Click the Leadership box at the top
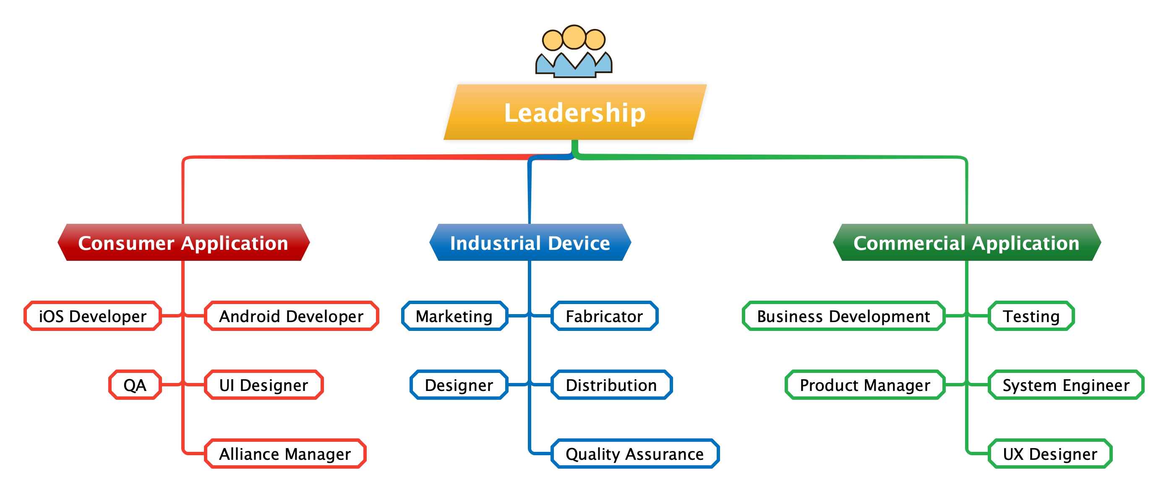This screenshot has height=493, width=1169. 574,112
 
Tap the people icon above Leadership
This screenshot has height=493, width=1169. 574,51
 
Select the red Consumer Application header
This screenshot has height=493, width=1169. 183,242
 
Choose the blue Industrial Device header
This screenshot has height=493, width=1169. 530,242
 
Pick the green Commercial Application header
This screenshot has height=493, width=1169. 967,242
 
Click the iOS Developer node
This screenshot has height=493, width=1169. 93,316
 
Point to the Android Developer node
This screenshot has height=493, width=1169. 291,316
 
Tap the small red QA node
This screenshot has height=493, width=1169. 135,385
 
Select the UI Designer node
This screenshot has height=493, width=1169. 264,385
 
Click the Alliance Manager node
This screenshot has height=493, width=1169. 285,454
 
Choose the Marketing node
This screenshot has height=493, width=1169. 454,316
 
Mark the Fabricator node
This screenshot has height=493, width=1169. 604,316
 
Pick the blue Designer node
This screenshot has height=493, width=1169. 459,385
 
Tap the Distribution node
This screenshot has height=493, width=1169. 611,385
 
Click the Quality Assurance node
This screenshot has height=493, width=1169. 635,454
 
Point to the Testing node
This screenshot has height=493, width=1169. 1031,316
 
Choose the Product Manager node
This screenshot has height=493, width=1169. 865,385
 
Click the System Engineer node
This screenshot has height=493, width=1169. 1066,385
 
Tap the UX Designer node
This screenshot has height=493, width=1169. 1050,454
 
